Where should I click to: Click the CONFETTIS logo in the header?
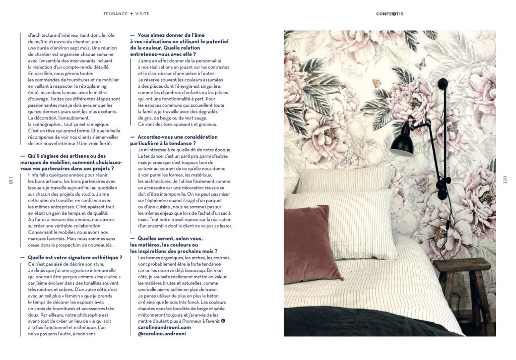(x=390, y=14)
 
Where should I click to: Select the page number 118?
(x=11, y=180)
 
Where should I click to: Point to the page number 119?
(x=505, y=180)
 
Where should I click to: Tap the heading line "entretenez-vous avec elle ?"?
(x=163, y=53)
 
